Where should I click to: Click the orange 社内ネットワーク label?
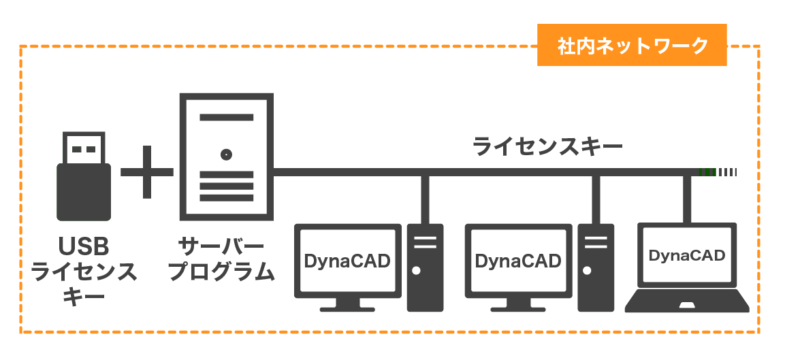click(632, 46)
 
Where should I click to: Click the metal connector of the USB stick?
click(84, 148)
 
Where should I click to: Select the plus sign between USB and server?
click(147, 172)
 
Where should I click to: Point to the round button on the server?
click(225, 154)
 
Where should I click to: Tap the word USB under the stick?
click(84, 246)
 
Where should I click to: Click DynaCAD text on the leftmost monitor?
click(347, 261)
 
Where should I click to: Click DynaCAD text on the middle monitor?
click(518, 261)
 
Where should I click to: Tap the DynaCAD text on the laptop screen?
click(686, 256)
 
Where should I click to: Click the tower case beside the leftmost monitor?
click(425, 267)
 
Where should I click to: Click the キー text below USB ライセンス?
click(84, 297)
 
